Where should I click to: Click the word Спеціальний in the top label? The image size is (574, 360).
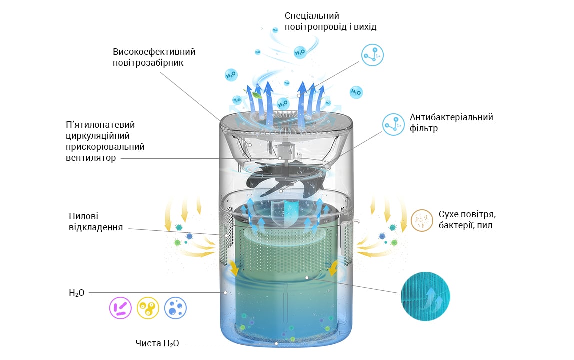312,16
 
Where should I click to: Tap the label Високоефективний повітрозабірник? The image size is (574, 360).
154,57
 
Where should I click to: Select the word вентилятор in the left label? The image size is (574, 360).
91,158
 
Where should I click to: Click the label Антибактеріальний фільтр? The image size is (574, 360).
451,123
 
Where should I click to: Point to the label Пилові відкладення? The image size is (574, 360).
96,222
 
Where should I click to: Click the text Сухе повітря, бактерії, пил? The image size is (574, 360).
467,219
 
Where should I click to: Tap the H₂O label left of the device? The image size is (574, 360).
77,293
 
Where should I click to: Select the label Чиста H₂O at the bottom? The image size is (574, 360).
157,343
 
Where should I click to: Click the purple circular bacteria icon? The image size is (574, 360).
120,308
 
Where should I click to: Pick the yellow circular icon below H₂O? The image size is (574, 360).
148,308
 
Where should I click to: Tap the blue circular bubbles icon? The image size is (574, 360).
175,308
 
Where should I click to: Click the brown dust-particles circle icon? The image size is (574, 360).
422,220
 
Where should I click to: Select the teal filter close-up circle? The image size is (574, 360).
425,296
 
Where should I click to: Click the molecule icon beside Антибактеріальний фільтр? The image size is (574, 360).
393,124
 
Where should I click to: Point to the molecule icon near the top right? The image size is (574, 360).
372,55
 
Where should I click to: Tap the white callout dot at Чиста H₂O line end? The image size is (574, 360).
276,344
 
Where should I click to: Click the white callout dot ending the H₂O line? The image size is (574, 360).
225,293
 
